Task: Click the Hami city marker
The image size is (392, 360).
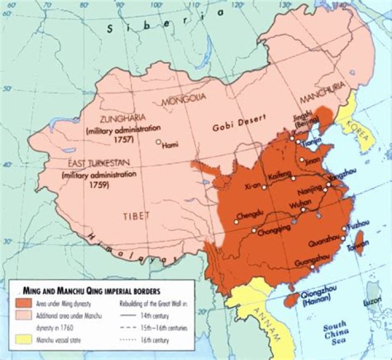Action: point(158,142)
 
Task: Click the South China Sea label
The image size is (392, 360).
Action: point(338,336)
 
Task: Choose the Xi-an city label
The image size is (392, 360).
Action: point(254,187)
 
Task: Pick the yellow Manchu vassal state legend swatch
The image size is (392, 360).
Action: point(24,339)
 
